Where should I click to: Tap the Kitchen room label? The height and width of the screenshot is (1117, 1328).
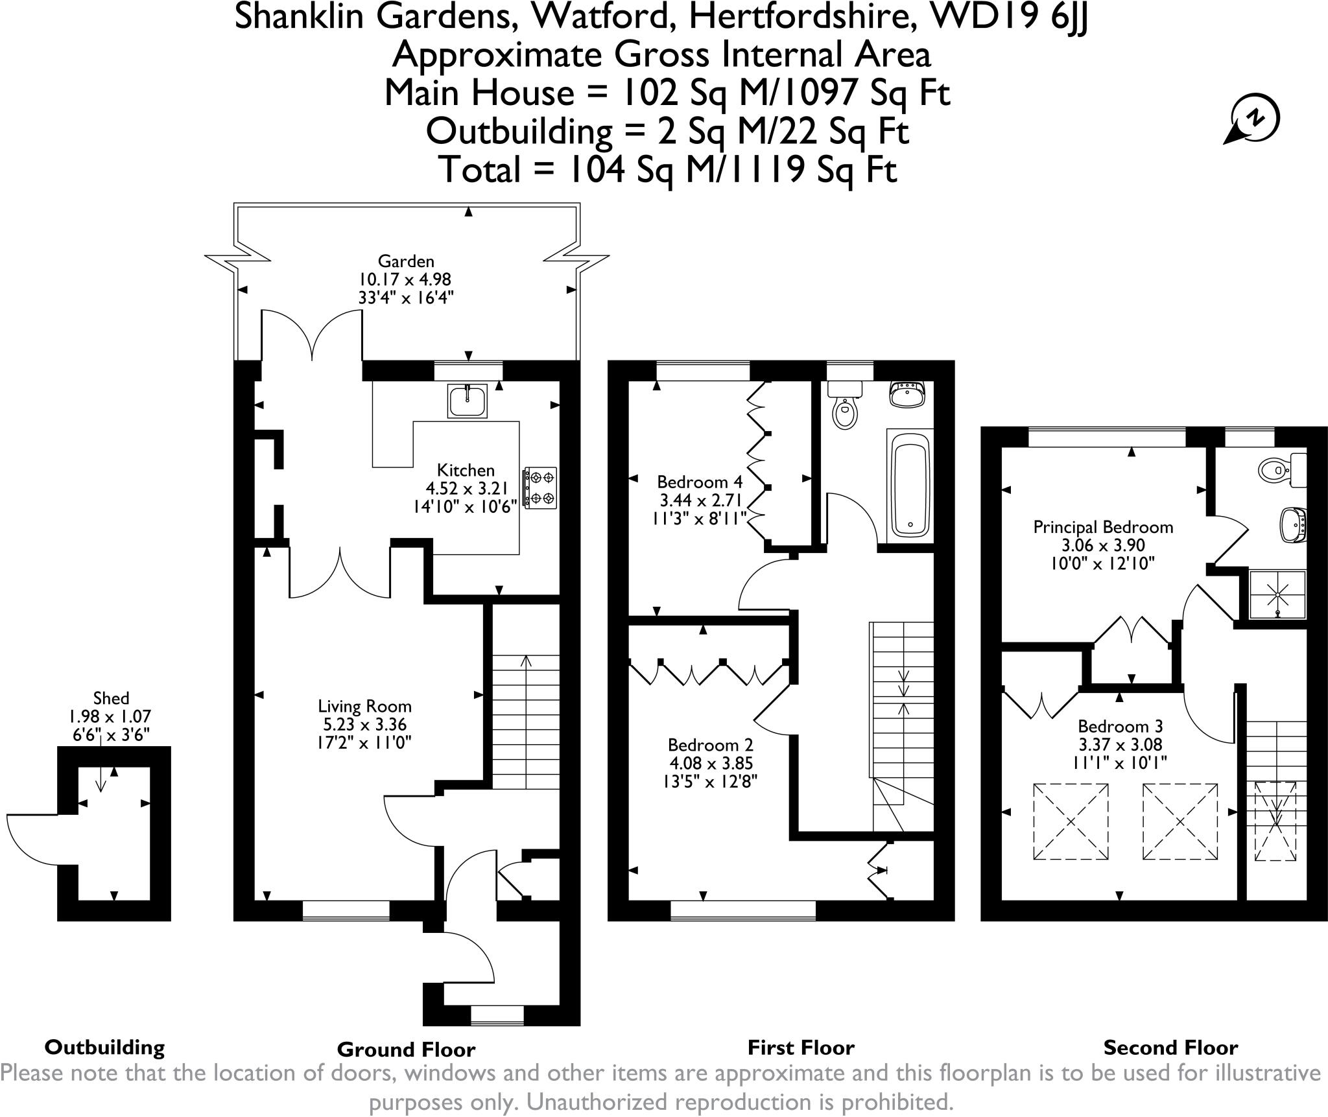[466, 470]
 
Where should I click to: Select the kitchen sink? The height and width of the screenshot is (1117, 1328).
[467, 401]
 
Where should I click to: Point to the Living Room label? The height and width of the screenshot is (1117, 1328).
[364, 706]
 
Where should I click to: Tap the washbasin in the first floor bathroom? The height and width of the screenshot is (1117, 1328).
[908, 394]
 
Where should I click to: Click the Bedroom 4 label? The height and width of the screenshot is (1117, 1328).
[700, 482]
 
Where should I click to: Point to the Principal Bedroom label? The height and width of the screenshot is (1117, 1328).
[1103, 527]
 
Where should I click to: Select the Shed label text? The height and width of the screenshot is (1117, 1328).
[111, 698]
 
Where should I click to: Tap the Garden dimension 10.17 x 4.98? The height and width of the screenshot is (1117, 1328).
[405, 279]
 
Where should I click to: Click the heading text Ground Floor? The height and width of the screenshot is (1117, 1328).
[406, 1050]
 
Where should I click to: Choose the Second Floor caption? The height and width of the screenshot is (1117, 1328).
[1170, 1048]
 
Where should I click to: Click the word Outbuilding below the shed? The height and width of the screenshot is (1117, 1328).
[104, 1048]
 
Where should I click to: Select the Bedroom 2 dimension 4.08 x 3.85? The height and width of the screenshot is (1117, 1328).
[710, 764]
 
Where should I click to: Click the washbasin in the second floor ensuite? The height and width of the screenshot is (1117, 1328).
[1293, 524]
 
